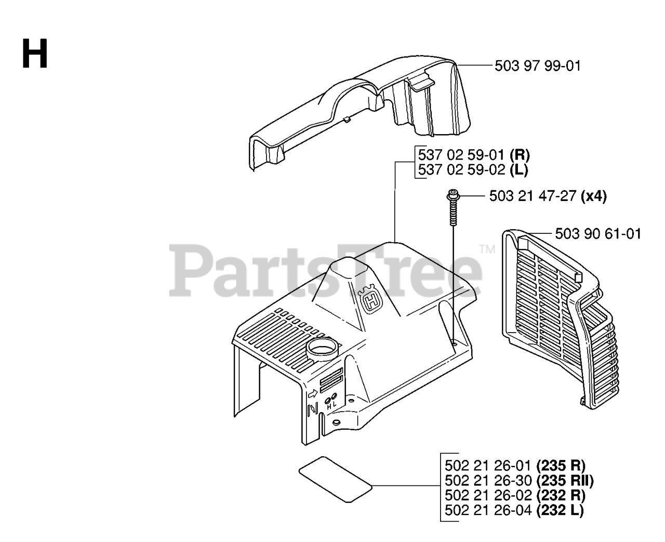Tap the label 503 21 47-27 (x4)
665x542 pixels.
548,196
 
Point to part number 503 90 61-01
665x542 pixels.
597,234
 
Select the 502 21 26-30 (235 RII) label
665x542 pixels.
519,480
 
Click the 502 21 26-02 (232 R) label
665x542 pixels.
515,495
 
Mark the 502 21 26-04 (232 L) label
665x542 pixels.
514,510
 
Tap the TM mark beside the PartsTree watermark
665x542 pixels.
487,249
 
